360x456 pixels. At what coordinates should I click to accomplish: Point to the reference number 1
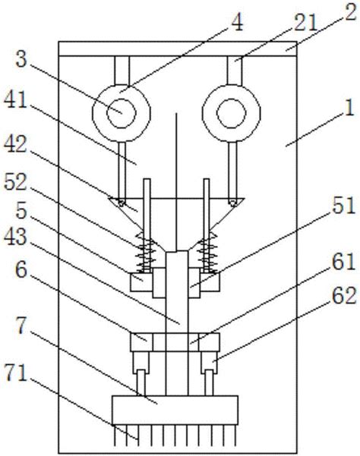pyautogui.click(x=349, y=108)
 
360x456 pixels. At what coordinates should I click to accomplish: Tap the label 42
pyautogui.click(x=15, y=143)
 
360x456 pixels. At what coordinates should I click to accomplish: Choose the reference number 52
pyautogui.click(x=15, y=182)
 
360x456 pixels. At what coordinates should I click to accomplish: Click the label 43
pyautogui.click(x=15, y=237)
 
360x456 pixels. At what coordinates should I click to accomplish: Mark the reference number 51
pyautogui.click(x=344, y=206)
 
